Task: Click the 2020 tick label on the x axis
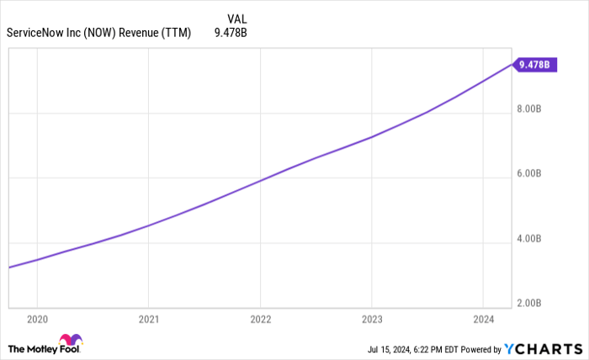[37, 319]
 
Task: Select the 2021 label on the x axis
[148, 319]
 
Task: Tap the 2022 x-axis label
[260, 319]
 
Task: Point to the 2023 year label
[372, 319]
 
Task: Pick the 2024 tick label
[483, 319]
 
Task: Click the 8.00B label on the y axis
[534, 109]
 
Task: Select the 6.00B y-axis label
[534, 173]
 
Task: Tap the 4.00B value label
[534, 239]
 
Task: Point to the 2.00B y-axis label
[534, 303]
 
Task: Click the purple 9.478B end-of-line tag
[534, 64]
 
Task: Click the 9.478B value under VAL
[231, 34]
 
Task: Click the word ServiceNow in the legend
[38, 34]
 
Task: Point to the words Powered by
[478, 348]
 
